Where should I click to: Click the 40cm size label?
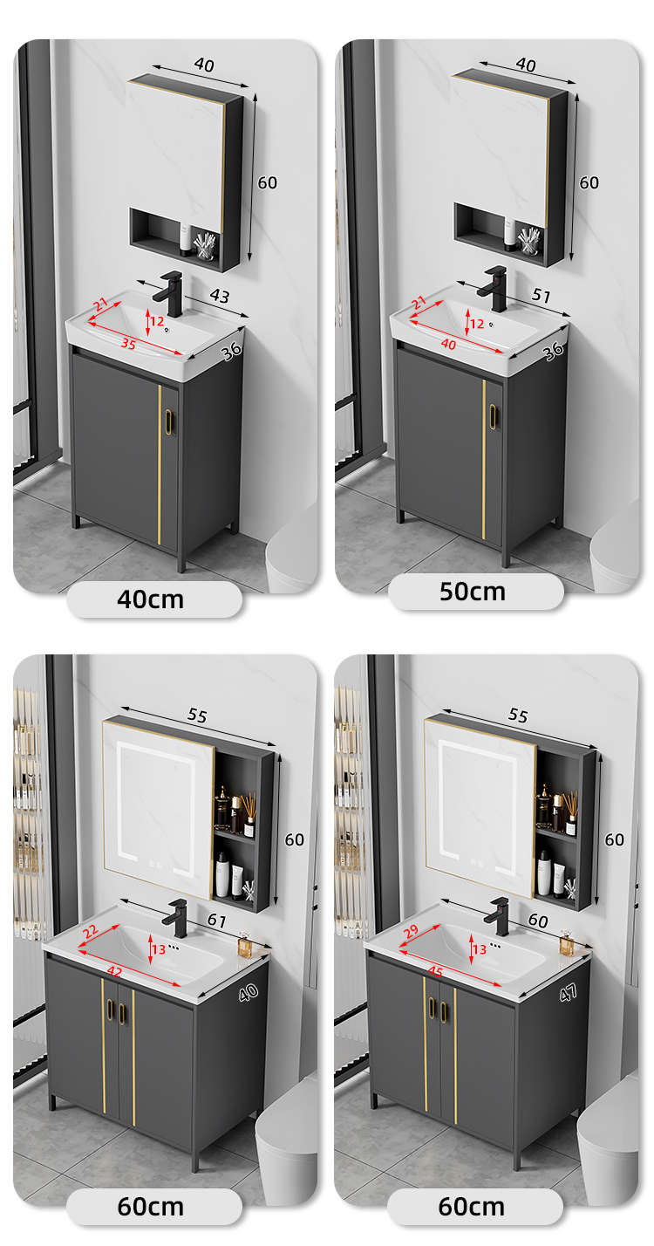pyautogui.click(x=150, y=599)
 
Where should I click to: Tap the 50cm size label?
pyautogui.click(x=473, y=592)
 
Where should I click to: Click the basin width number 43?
pyautogui.click(x=220, y=296)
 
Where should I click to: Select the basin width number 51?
pyautogui.click(x=542, y=294)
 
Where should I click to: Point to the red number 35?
pyautogui.click(x=128, y=344)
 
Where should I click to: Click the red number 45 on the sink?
pyautogui.click(x=435, y=971)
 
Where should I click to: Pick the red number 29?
pyautogui.click(x=411, y=931)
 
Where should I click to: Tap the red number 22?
pyautogui.click(x=90, y=931)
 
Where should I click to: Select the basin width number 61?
pyautogui.click(x=216, y=921)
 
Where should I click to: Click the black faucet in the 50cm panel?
pyautogui.click(x=494, y=288)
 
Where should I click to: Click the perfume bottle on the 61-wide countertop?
pyautogui.click(x=243, y=946)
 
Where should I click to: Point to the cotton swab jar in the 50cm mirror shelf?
pyautogui.click(x=528, y=241)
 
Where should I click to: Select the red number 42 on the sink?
pyautogui.click(x=114, y=971)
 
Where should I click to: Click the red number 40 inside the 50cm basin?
pyautogui.click(x=448, y=345)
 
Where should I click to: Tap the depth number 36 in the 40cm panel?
pyautogui.click(x=231, y=351)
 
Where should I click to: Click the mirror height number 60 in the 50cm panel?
pyautogui.click(x=589, y=182)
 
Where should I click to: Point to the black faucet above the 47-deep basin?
pyautogui.click(x=498, y=917)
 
